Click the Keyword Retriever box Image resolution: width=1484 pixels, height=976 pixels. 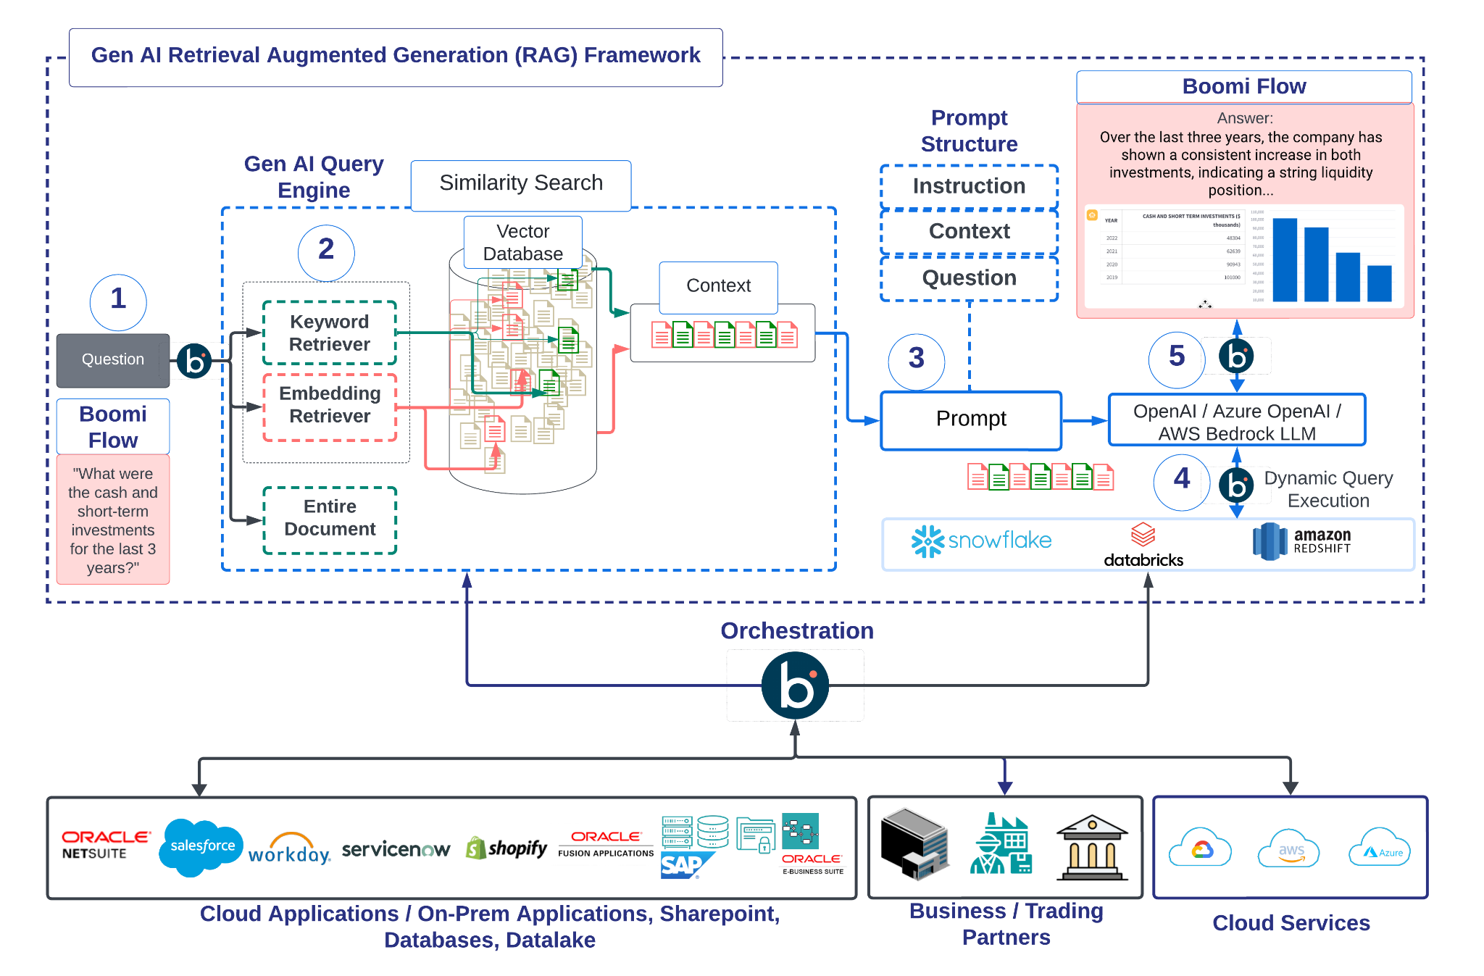[x=330, y=333]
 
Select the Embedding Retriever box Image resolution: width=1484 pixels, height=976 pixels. [x=330, y=406]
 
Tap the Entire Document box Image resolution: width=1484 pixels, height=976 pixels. [x=330, y=519]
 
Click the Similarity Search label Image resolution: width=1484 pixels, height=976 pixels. [x=521, y=184]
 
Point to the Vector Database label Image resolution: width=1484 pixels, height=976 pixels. [x=522, y=243]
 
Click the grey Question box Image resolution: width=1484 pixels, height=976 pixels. [x=113, y=360]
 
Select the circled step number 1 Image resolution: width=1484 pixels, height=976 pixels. [x=118, y=301]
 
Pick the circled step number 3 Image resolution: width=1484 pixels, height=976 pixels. [x=917, y=359]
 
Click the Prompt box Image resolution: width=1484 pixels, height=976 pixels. [x=971, y=420]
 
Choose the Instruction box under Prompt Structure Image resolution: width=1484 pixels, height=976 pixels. [x=969, y=187]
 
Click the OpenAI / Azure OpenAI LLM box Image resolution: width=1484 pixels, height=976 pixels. [x=1237, y=421]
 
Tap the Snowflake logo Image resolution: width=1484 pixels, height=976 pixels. [x=981, y=541]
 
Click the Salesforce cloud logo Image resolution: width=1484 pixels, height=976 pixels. [x=201, y=846]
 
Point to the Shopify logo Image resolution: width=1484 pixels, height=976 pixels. [x=507, y=848]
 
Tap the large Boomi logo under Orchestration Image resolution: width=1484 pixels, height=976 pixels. [x=796, y=685]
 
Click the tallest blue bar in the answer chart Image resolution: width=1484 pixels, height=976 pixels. [x=1285, y=259]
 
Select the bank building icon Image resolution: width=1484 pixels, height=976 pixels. [x=1092, y=848]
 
